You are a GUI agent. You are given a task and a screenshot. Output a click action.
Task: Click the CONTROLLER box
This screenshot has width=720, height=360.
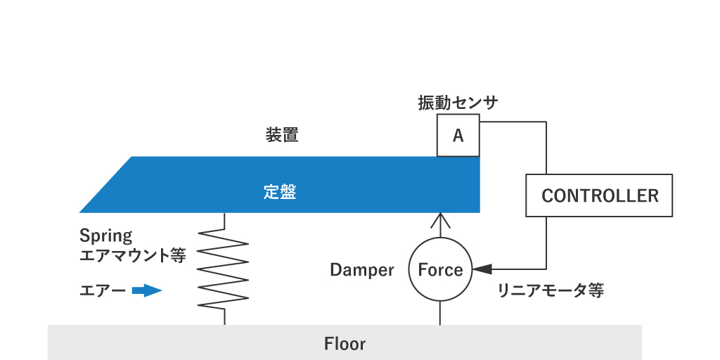(x=599, y=195)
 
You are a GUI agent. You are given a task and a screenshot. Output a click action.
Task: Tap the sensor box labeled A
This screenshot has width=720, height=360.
(x=458, y=136)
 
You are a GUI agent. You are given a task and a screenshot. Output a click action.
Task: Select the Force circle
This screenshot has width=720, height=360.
(x=440, y=270)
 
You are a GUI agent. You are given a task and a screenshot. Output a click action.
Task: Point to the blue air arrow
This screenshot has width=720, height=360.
(x=147, y=290)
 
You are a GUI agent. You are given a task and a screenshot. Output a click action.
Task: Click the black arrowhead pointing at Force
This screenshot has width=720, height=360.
(x=482, y=269)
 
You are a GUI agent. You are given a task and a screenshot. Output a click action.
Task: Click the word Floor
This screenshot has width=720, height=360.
(x=345, y=344)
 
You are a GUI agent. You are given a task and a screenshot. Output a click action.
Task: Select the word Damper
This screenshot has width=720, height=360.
(x=361, y=270)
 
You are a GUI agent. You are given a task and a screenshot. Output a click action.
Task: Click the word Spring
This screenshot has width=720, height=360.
(x=105, y=236)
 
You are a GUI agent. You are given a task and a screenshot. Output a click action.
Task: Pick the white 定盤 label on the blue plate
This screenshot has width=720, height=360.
(x=280, y=192)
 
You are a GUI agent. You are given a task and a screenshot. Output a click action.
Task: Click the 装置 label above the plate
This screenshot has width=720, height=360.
(x=282, y=135)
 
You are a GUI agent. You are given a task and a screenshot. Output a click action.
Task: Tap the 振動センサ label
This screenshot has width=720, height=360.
(x=458, y=103)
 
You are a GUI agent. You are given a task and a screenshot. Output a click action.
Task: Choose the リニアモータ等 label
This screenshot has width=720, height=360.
(x=550, y=290)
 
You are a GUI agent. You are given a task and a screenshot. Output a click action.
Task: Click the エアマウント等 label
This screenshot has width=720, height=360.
(x=133, y=255)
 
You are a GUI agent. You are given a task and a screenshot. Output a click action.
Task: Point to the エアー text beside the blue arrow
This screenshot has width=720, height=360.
(x=103, y=290)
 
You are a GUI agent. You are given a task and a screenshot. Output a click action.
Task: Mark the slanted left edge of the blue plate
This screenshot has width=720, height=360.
(x=105, y=184)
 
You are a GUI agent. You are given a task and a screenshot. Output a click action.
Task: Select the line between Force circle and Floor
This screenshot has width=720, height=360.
(x=440, y=314)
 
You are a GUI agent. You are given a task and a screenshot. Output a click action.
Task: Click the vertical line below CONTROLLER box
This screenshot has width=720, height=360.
(x=546, y=243)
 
